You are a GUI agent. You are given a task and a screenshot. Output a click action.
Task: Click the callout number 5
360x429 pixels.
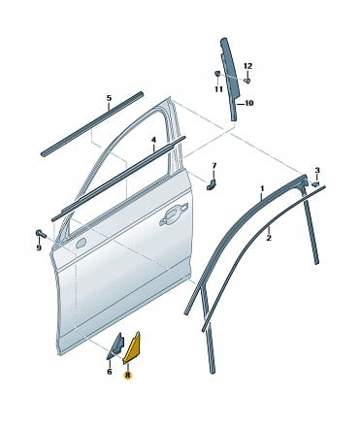(109, 98)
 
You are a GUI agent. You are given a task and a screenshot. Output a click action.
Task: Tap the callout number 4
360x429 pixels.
(153, 140)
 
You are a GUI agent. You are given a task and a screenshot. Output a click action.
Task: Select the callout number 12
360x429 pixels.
(247, 66)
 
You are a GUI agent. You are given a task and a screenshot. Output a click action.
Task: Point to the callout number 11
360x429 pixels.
(218, 88)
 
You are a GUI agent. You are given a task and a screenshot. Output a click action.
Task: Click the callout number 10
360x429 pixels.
(249, 103)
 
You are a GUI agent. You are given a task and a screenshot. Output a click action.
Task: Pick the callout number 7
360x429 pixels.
(214, 166)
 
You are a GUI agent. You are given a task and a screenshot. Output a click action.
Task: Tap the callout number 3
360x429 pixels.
(317, 170)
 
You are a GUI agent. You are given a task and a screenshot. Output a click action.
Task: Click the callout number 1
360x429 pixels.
(262, 188)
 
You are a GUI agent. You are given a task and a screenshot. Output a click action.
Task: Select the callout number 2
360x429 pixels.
(269, 239)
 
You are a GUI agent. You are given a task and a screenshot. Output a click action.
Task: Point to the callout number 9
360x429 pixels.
(39, 247)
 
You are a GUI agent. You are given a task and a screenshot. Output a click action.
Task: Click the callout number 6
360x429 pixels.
(110, 372)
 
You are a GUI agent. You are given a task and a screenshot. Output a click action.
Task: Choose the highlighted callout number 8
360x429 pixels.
(127, 376)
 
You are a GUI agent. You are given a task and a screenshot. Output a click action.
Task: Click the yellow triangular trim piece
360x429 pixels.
(133, 346)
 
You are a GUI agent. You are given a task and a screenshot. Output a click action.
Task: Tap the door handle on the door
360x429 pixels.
(174, 214)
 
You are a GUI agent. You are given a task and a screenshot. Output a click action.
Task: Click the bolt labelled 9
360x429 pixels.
(41, 233)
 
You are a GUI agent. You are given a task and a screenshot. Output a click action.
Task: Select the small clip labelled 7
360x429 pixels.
(212, 183)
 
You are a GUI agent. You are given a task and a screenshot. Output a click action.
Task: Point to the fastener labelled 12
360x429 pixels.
(247, 80)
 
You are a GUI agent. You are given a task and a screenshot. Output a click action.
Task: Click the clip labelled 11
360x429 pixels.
(217, 74)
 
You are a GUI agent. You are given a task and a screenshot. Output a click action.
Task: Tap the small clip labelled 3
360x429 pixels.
(315, 184)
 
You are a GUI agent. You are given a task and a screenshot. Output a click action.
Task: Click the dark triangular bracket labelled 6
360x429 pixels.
(115, 346)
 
